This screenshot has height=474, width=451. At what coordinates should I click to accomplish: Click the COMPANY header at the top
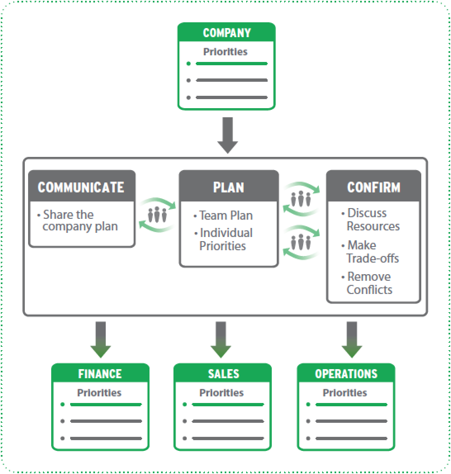point(226,33)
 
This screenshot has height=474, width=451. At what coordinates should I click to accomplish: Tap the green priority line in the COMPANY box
point(231,64)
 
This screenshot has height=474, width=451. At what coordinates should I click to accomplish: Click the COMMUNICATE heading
point(81,187)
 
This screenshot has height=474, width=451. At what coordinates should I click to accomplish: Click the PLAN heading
point(228,187)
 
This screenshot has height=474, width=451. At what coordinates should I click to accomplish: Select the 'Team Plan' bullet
point(225,215)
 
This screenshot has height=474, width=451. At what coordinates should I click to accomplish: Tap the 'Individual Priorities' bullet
point(225,239)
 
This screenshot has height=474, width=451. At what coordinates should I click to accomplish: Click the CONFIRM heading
point(373,187)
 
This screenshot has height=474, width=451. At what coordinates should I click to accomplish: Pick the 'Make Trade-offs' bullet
point(372,251)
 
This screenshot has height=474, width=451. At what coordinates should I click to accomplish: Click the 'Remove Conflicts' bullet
point(369,283)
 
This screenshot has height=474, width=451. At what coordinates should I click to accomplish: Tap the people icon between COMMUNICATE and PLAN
point(157,215)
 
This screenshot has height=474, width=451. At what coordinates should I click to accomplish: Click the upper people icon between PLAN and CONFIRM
point(300,199)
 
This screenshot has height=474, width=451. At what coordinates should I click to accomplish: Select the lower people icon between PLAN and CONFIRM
point(300,242)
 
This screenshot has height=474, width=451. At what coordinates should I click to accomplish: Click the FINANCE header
point(100,374)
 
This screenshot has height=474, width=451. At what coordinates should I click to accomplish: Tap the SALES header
point(223,374)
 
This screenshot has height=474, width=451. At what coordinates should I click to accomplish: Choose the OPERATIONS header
point(346,374)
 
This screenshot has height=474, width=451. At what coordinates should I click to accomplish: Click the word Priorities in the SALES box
point(221,393)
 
